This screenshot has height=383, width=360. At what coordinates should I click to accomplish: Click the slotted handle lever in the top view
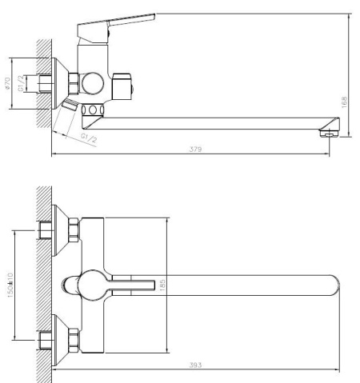tap(128, 285)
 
